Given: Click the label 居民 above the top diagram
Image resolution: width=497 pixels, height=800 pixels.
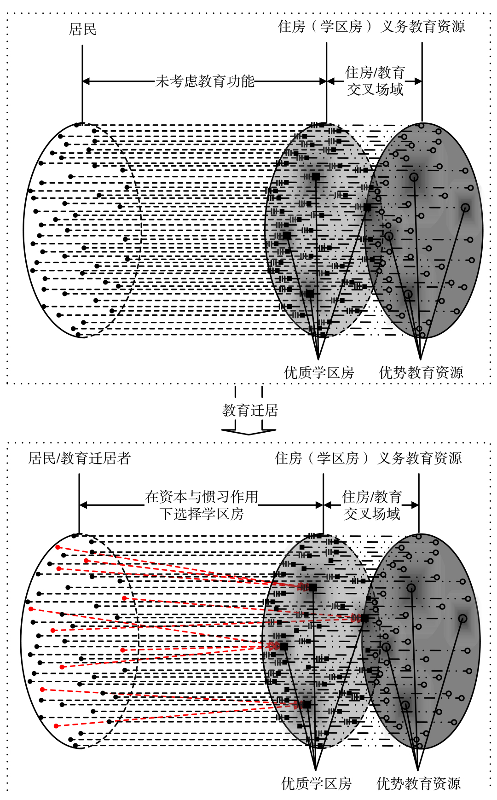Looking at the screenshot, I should [x=82, y=29].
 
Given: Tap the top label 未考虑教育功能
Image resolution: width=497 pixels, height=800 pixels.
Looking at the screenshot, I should [x=205, y=81].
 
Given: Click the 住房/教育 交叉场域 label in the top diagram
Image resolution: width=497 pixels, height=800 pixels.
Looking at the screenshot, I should [x=375, y=81].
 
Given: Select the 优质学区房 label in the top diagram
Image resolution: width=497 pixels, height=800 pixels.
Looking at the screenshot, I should [x=319, y=372].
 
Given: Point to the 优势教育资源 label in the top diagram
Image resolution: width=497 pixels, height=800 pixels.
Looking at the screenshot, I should [x=421, y=372].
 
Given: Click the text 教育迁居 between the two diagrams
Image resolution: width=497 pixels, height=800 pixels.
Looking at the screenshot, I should [x=250, y=410].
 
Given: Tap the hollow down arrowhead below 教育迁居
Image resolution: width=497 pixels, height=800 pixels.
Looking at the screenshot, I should [x=249, y=431].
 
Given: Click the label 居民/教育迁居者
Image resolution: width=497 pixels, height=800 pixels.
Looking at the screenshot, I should [x=80, y=458].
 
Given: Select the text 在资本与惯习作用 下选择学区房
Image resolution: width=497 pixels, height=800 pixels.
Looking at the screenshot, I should [x=202, y=505].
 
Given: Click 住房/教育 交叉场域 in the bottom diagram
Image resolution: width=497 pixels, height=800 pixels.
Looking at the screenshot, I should [x=372, y=505].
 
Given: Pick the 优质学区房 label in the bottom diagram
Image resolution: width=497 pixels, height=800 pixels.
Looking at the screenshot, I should [x=316, y=783].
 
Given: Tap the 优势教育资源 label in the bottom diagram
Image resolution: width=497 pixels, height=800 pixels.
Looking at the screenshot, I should [x=418, y=783].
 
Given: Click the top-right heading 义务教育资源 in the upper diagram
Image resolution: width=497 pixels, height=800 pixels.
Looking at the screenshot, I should [x=423, y=27].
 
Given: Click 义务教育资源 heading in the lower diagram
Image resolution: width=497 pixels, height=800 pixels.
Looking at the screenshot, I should [x=420, y=458].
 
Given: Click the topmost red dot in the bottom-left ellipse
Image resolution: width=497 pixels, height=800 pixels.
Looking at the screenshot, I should [x=58, y=547].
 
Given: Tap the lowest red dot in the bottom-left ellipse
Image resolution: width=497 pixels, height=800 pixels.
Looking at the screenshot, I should [x=56, y=726].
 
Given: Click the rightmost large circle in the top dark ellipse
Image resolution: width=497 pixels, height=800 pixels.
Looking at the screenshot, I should [x=465, y=208].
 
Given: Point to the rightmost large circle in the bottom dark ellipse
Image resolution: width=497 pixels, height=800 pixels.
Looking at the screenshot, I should [x=462, y=619].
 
